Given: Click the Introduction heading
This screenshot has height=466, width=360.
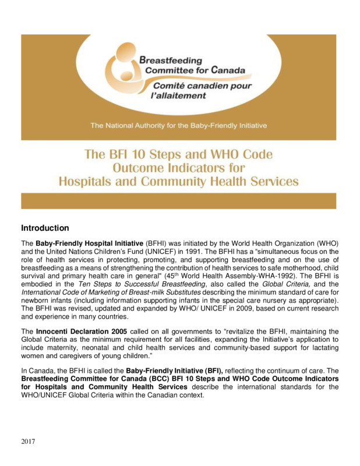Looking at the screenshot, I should [x=45, y=228].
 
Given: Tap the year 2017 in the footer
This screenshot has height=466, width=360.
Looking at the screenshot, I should [x=29, y=442].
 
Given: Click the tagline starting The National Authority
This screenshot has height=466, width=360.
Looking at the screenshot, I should [x=178, y=125].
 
